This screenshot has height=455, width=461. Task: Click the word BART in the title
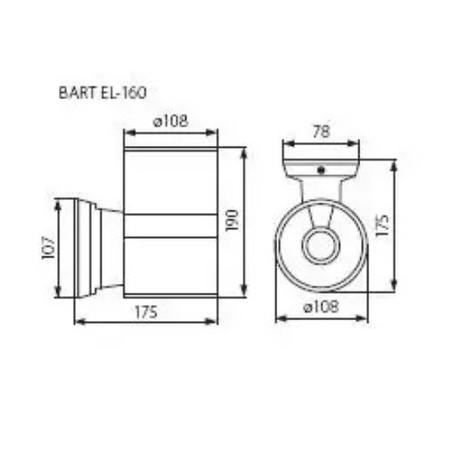coord(75,92)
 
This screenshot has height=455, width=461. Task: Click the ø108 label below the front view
coord(321,307)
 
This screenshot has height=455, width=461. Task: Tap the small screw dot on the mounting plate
coord(320,170)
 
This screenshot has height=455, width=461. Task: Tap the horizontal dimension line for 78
coord(320,143)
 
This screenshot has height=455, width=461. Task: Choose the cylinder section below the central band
coord(170,266)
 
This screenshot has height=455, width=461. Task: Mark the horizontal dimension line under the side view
coord(145,321)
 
